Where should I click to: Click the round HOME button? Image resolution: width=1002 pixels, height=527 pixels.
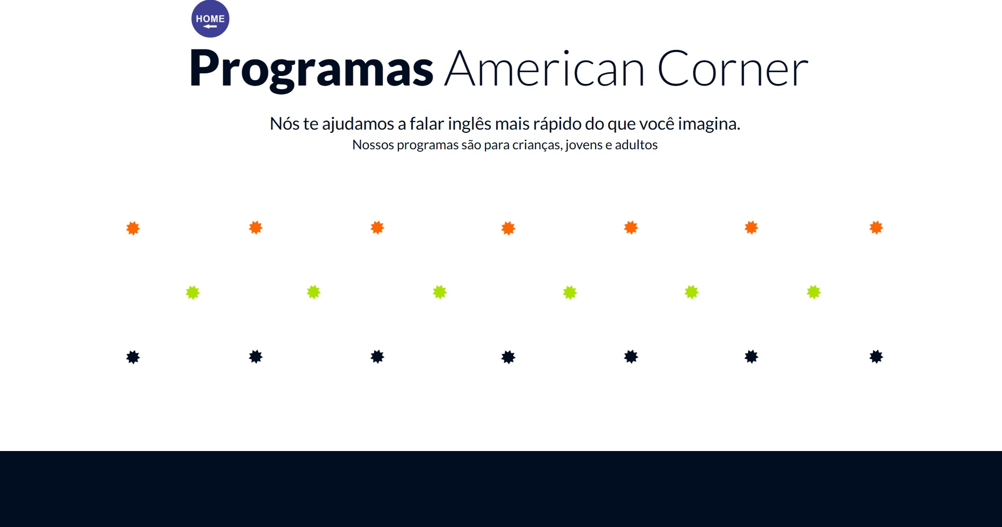pos(210,19)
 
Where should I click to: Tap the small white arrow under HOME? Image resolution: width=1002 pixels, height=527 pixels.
pos(210,27)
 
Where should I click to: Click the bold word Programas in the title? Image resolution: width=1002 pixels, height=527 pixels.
pos(311,69)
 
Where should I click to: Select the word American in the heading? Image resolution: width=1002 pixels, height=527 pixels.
pos(545,69)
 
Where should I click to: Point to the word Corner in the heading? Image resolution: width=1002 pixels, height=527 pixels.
pos(733,69)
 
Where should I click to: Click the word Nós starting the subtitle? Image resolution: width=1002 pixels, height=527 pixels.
pos(284,124)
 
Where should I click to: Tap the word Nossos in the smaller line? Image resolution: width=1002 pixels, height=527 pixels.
pos(373,145)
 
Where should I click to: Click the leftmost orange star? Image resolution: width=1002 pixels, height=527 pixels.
pos(133,228)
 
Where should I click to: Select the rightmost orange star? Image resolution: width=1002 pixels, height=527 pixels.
pos(876,228)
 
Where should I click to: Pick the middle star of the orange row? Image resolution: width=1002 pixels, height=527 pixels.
pos(508,228)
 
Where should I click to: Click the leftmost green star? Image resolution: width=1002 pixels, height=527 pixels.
pos(193,293)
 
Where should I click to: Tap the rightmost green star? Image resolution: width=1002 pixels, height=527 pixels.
pos(814,292)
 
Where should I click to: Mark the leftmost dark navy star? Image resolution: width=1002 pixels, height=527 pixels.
pos(133,357)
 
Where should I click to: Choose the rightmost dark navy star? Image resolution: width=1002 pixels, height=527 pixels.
pos(876,356)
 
